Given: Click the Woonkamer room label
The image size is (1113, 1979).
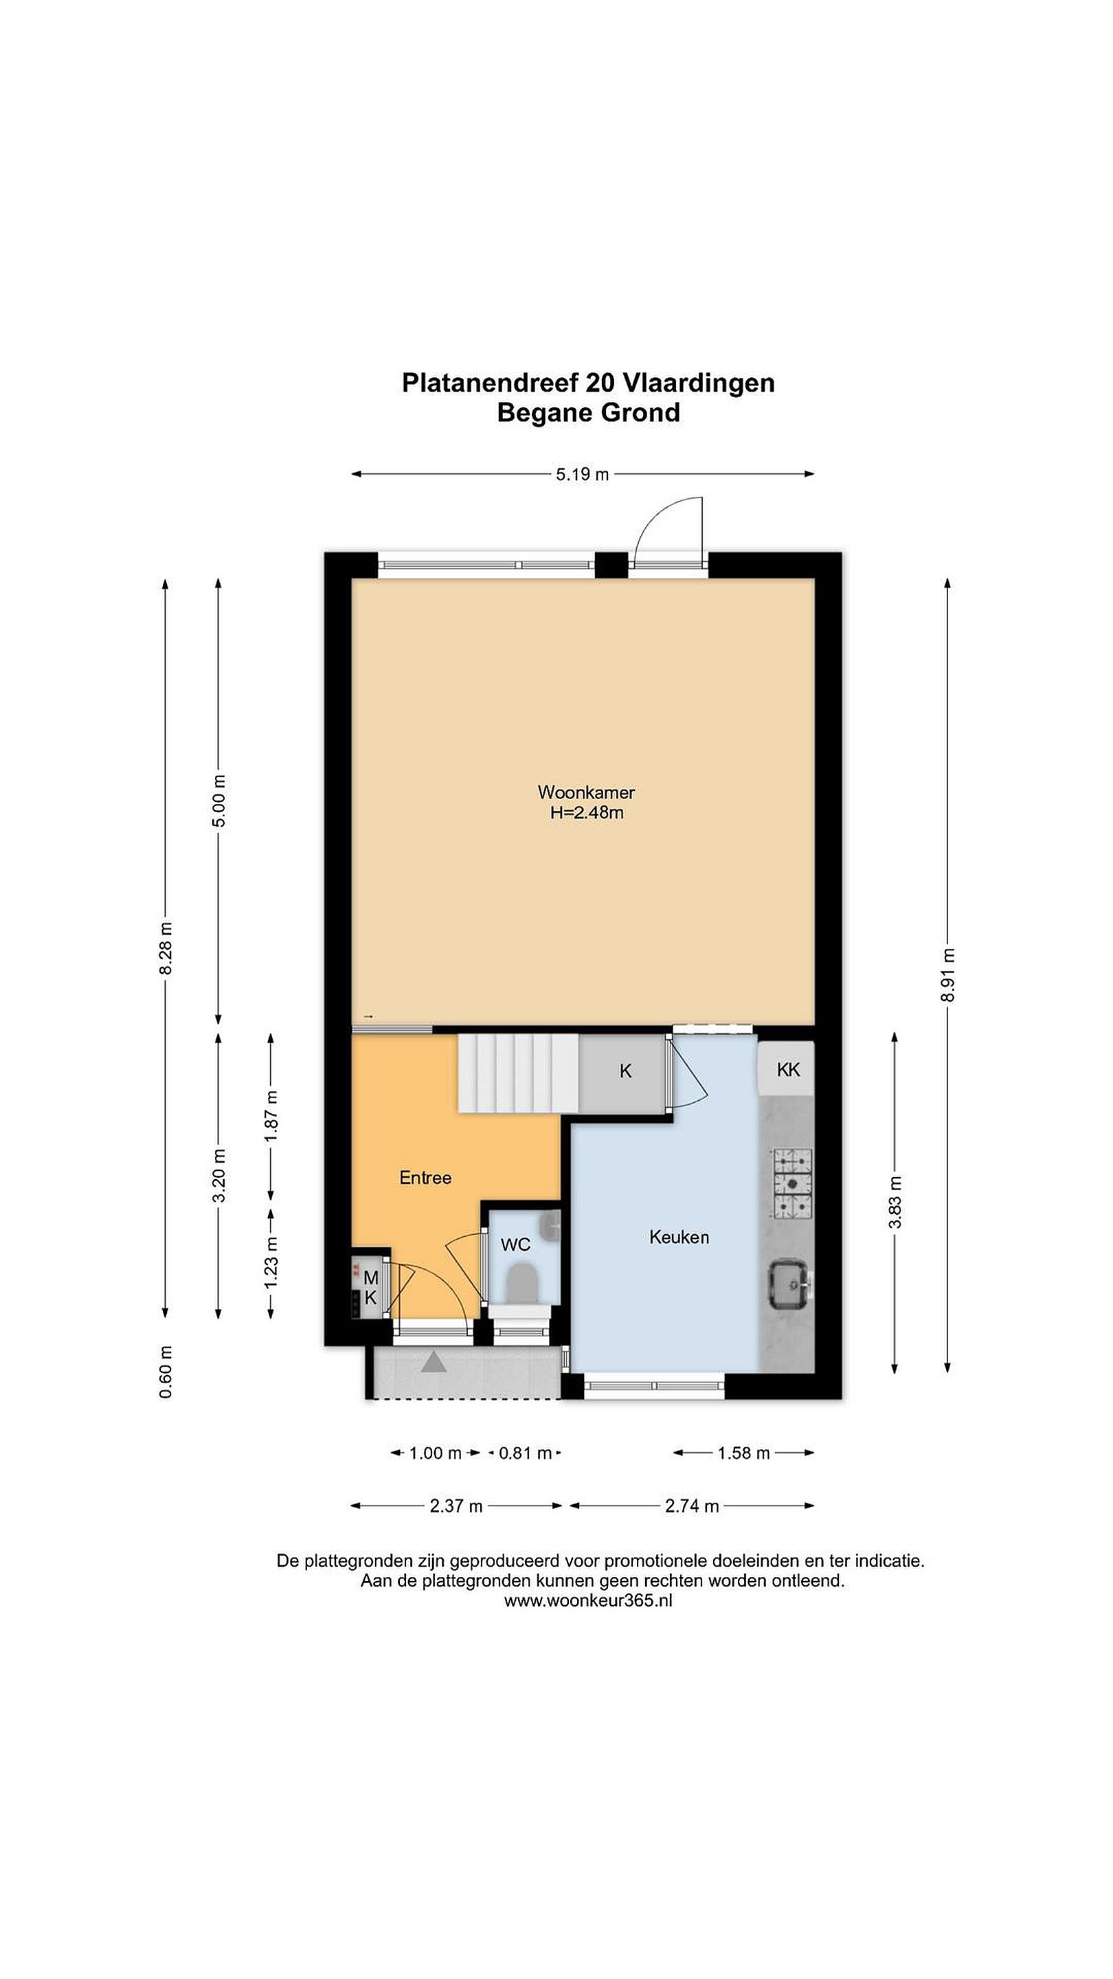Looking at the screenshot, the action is [x=586, y=792].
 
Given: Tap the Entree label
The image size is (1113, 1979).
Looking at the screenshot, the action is [x=425, y=1178].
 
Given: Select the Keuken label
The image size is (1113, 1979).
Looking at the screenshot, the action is [x=679, y=1237].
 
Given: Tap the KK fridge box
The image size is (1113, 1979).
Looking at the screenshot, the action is [x=787, y=1069].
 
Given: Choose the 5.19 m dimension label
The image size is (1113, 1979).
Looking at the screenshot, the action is [x=582, y=475].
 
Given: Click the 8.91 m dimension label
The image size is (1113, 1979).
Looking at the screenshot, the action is [x=949, y=975].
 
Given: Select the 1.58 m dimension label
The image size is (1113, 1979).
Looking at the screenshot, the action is [x=743, y=1453].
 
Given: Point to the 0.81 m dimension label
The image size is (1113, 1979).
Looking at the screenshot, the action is [x=526, y=1453].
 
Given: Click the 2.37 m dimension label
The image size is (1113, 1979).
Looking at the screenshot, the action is [x=456, y=1506].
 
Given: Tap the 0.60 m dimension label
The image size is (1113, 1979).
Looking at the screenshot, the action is [x=166, y=1372].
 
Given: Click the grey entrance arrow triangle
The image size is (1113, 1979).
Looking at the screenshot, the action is [x=434, y=1362].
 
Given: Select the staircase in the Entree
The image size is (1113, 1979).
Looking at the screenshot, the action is [x=519, y=1073].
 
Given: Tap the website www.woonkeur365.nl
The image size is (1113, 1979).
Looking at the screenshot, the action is [x=587, y=1601].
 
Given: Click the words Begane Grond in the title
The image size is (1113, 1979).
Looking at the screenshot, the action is [x=588, y=412].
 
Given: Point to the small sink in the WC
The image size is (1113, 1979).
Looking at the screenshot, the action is [x=551, y=1225].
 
